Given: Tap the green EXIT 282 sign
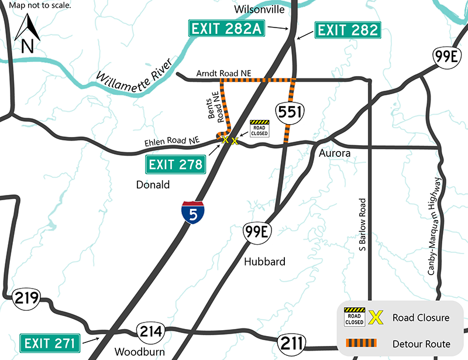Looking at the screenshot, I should [347, 30].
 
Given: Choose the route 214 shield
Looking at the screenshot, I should [150, 332].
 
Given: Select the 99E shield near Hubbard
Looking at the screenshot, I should [257, 232].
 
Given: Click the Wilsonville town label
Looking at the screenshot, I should [258, 9].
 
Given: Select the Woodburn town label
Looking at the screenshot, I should [140, 352].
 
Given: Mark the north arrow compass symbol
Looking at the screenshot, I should [26, 35].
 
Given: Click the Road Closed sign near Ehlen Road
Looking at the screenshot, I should [259, 128].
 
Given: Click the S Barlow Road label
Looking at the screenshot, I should [363, 225].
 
